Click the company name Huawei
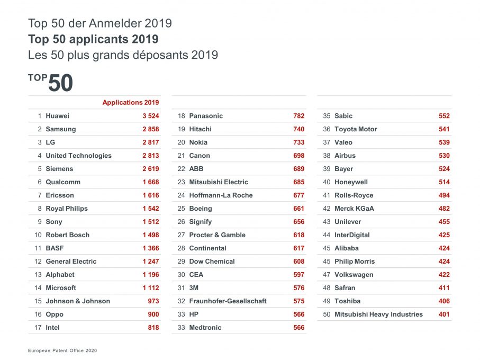tap(57, 116)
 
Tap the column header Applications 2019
tap(131, 103)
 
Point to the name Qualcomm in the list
tap(63, 182)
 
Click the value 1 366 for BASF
tap(150, 248)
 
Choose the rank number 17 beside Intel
tap(38, 328)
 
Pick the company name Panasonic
tap(206, 116)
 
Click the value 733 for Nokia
tap(298, 142)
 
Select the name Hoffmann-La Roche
tap(221, 195)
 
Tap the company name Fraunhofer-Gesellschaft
tap(228, 301)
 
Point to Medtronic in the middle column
tap(205, 328)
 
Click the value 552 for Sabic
tap(444, 116)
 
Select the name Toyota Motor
tap(356, 129)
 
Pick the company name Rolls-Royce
tap(354, 195)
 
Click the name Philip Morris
tap(354, 262)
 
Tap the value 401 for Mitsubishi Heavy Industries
tap(444, 314)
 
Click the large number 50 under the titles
tap(60, 84)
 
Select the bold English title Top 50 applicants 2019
tap(93, 39)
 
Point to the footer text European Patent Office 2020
tap(62, 350)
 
